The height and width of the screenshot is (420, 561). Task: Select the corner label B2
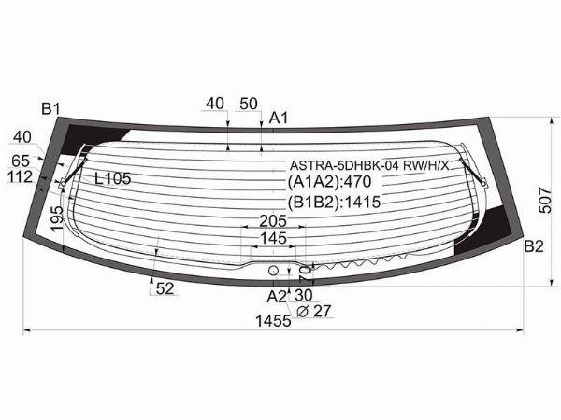(x=533, y=246)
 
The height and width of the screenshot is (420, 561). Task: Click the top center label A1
(x=279, y=118)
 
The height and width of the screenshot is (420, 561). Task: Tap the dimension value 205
(x=272, y=221)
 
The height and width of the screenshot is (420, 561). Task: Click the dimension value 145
(x=273, y=240)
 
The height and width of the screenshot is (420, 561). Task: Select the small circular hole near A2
(x=273, y=270)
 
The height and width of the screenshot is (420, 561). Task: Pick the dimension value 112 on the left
(x=20, y=177)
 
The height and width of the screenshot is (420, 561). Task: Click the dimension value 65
(x=21, y=161)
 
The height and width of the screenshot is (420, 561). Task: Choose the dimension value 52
(x=165, y=289)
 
